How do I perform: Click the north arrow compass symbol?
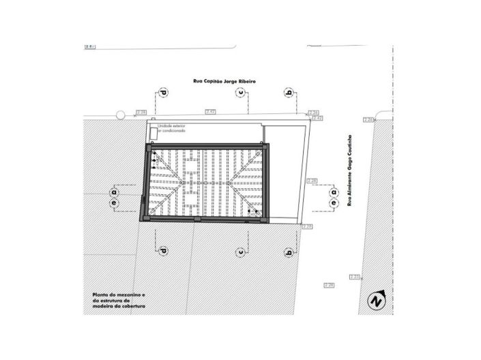pyautogui.click(x=376, y=299)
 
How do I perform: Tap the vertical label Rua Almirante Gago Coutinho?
pyautogui.click(x=351, y=170)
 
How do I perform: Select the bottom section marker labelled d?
pyautogui.click(x=163, y=252)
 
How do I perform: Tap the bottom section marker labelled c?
pyautogui.click(x=241, y=252)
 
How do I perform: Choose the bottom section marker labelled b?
pyautogui.click(x=289, y=252)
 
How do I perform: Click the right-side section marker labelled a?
pyautogui.click(x=334, y=192)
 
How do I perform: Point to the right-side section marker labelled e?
pyautogui.click(x=334, y=202)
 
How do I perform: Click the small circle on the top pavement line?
pyautogui.click(x=120, y=115)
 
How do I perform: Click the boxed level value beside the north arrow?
pyautogui.click(x=355, y=276)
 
